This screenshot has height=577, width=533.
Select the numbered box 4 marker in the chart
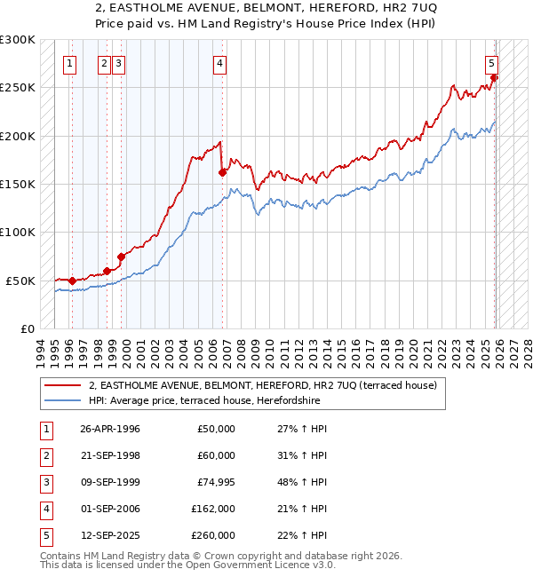[219, 63]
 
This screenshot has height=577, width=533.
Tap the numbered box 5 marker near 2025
[491, 63]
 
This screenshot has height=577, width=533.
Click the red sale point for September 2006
[222, 173]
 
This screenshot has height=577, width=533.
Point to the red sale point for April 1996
[72, 281]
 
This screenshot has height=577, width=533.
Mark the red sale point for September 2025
[495, 78]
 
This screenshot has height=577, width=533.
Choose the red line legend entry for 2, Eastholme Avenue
[262, 386]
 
